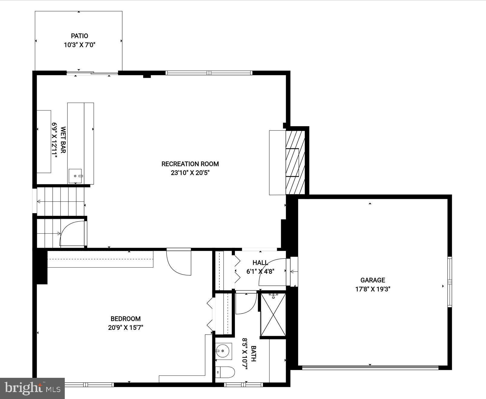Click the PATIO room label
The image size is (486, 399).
click(x=79, y=36)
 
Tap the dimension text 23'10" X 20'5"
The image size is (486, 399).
click(x=190, y=173)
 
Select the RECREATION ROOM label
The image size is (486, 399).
click(x=190, y=164)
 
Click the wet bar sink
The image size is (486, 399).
click(x=75, y=176)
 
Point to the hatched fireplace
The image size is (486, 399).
click(x=295, y=162)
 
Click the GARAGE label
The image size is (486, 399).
click(x=373, y=280)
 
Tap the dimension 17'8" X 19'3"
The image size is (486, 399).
click(x=373, y=289)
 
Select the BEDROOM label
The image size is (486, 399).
click(x=126, y=318)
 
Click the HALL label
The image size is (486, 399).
click(x=260, y=262)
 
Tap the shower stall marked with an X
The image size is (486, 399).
click(x=273, y=315)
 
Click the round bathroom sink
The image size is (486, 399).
click(x=223, y=351)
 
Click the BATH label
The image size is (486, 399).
click(x=253, y=354)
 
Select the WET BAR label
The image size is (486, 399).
click(x=63, y=140)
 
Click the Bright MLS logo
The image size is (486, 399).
click(x=32, y=388)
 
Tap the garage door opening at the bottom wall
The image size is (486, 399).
click(x=370, y=368)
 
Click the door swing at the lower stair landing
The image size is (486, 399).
click(x=72, y=234)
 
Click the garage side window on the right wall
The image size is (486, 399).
click(x=449, y=282)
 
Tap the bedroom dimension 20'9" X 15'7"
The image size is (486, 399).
click(x=126, y=327)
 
